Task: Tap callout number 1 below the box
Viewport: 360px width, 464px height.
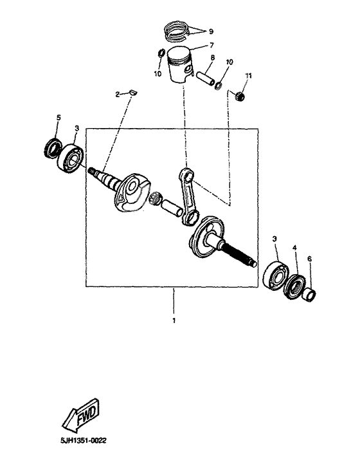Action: click(172, 320)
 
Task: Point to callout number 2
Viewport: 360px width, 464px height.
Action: click(118, 95)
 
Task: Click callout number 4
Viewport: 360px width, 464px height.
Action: click(294, 247)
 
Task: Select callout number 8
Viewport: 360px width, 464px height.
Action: click(212, 58)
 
